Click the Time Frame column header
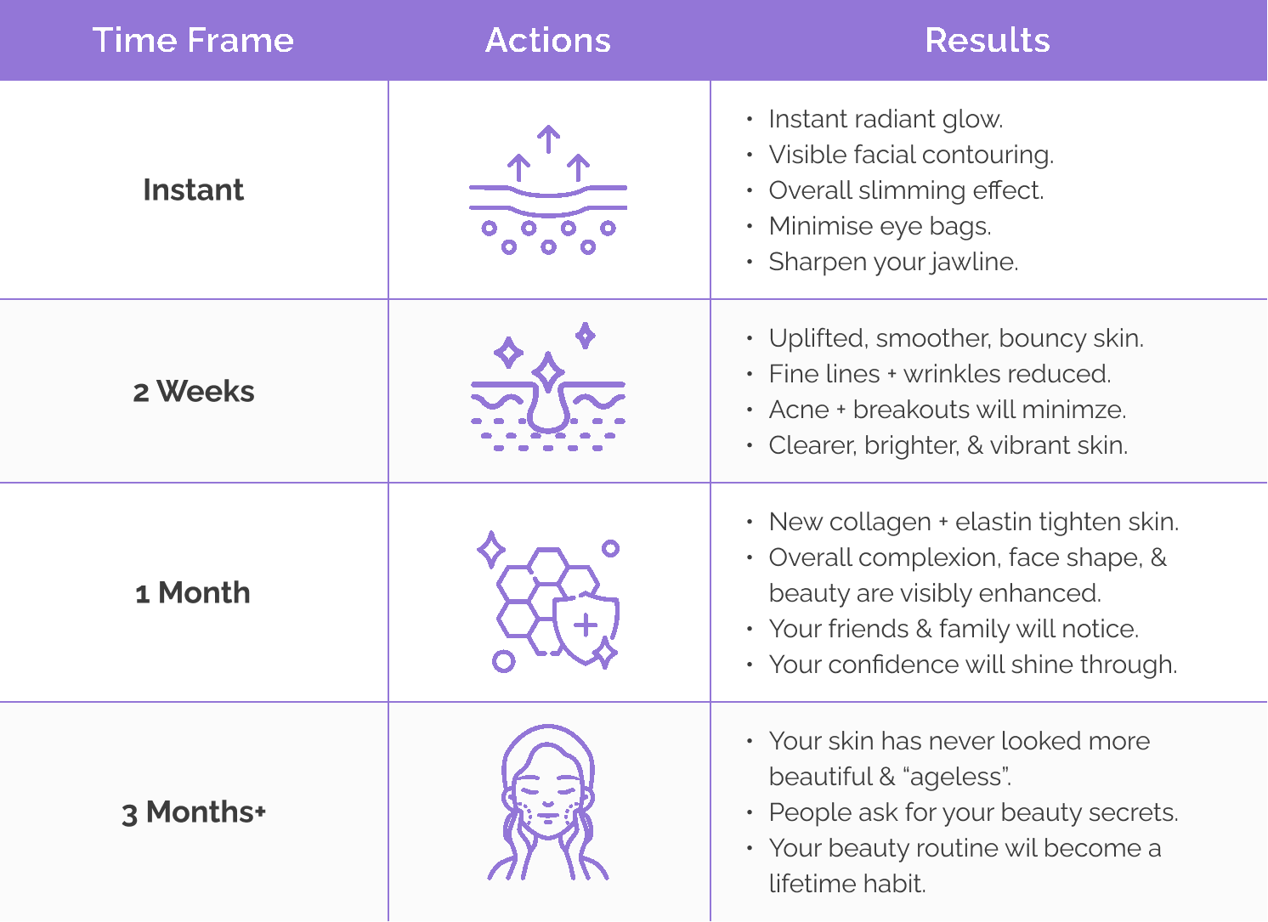[x=193, y=40]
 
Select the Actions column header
[x=548, y=40]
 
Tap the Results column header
[x=988, y=40]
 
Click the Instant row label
[x=193, y=189]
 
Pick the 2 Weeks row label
[x=194, y=391]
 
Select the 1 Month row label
[x=192, y=592]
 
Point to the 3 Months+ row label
[x=194, y=812]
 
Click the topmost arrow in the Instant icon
[x=548, y=139]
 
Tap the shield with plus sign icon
[x=586, y=627]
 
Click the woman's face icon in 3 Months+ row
[x=548, y=802]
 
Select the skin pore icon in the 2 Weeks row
[x=548, y=386]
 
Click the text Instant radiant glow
[x=886, y=120]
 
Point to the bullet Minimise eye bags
[x=880, y=226]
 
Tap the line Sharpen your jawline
[x=893, y=262]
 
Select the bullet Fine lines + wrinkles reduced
[x=940, y=374]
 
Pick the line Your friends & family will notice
[x=954, y=630]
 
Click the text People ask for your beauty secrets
[x=974, y=813]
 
